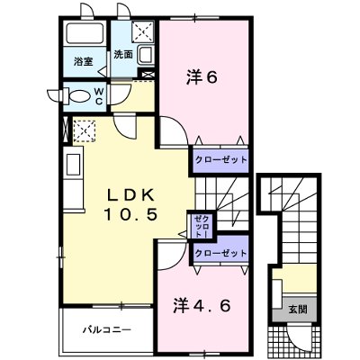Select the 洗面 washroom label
pos(123,55)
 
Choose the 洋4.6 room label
pos(204,304)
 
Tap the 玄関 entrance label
pos(295,309)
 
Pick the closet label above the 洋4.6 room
pos(220,252)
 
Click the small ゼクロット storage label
pos(199,226)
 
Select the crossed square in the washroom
pos(142,32)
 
